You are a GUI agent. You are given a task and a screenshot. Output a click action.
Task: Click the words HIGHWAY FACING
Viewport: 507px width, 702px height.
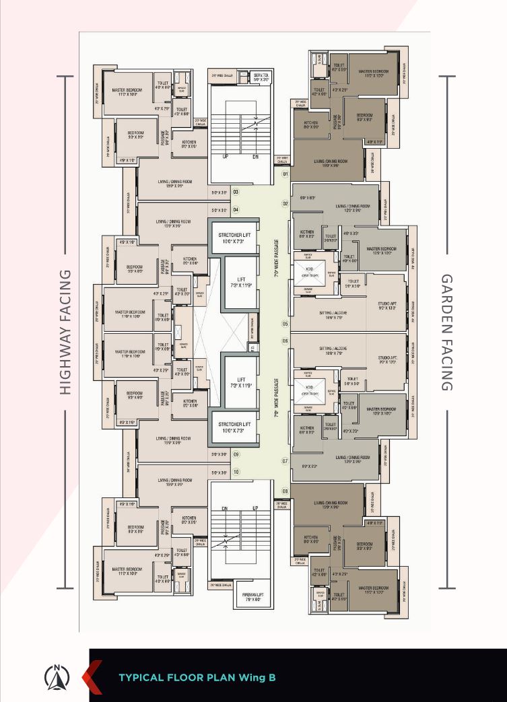tap(65, 332)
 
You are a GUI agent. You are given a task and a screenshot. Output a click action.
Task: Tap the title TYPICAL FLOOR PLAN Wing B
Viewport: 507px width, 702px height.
tap(197, 678)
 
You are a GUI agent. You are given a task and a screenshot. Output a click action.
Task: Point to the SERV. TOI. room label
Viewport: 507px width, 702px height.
tap(260, 77)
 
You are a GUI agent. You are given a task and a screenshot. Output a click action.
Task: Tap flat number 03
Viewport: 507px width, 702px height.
tap(236, 192)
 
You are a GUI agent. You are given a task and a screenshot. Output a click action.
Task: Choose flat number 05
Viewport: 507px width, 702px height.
tap(285, 324)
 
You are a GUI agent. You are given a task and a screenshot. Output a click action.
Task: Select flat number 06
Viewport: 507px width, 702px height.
tap(285, 341)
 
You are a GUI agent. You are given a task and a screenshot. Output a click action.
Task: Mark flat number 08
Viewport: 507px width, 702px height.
tap(285, 491)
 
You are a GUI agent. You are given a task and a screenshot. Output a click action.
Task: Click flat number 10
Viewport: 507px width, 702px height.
tap(236, 472)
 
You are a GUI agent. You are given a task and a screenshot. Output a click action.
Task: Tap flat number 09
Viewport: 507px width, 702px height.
tap(236, 455)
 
